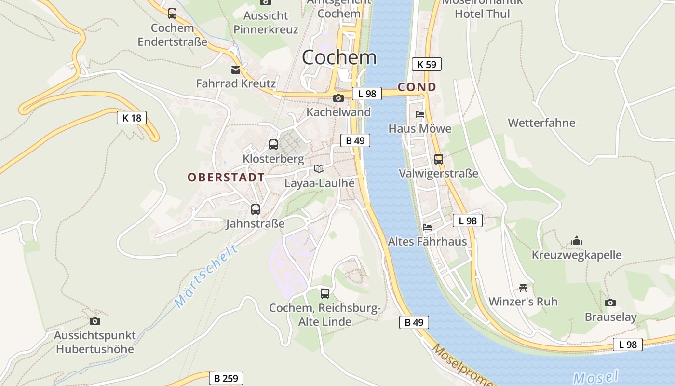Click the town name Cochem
[339, 57]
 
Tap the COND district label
[417, 87]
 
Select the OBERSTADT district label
[226, 177]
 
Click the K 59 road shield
[427, 64]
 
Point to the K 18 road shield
[132, 118]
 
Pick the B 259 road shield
[226, 378]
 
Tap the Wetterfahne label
[541, 123]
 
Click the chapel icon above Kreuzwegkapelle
[577, 241]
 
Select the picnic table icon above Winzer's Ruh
[523, 288]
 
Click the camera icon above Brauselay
[610, 303]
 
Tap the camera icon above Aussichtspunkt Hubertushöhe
[95, 321]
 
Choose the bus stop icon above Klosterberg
[273, 145]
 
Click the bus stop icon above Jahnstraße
[256, 209]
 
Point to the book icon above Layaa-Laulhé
[319, 168]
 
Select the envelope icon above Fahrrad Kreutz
[236, 70]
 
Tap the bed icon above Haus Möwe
[420, 114]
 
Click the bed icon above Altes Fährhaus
[427, 227]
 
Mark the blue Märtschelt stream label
[206, 276]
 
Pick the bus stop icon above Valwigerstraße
[439, 159]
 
